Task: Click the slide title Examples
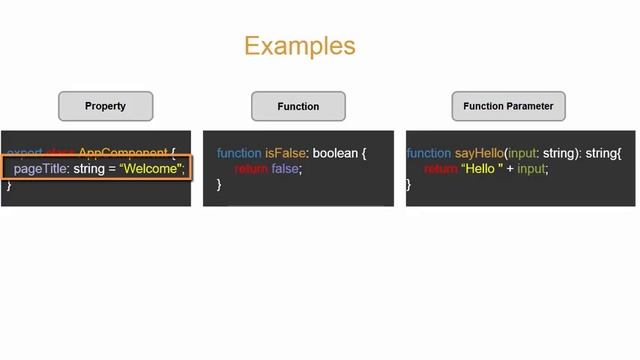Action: [299, 46]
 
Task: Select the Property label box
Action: [105, 106]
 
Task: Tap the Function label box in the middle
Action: [298, 106]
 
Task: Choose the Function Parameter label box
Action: [508, 106]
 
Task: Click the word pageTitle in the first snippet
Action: [41, 169]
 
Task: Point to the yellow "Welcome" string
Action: [151, 169]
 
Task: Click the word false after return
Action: [286, 169]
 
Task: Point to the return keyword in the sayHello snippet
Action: [441, 169]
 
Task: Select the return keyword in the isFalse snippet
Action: [251, 169]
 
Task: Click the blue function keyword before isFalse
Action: [239, 153]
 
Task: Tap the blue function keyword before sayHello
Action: [429, 153]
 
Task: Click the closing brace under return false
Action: [219, 185]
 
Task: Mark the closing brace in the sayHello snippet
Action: [409, 185]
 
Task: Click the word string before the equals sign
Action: [89, 169]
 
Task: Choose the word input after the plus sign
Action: [533, 169]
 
